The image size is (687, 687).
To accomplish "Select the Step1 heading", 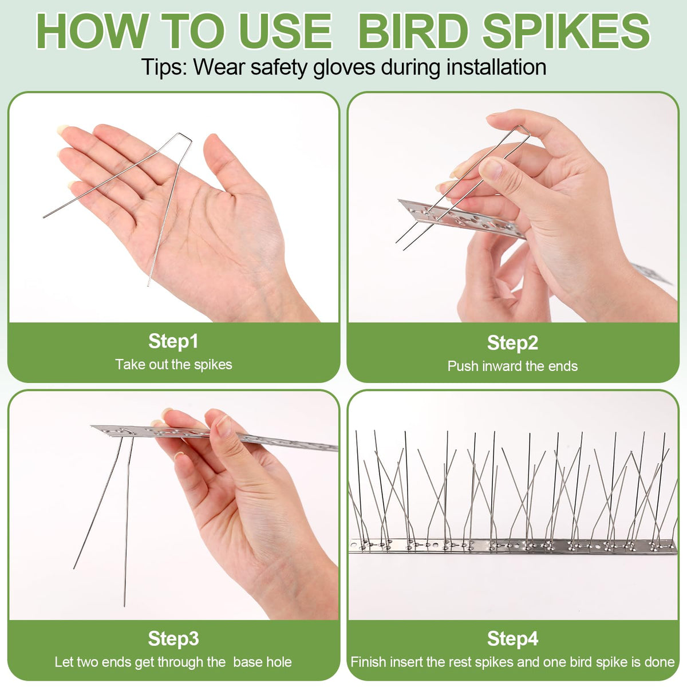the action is click(173, 341).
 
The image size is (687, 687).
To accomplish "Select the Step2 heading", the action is click(512, 343).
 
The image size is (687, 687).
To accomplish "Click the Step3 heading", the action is click(173, 638).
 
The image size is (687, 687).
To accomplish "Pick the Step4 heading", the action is click(512, 638).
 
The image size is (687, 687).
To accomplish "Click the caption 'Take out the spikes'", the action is click(173, 365).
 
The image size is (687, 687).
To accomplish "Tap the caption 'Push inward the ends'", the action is click(512, 366).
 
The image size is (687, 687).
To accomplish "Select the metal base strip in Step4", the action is click(512, 546).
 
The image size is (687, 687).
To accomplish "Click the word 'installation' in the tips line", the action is click(496, 66).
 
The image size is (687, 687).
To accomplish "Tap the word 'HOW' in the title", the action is click(93, 31).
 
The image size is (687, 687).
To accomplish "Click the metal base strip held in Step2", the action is click(462, 219).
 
